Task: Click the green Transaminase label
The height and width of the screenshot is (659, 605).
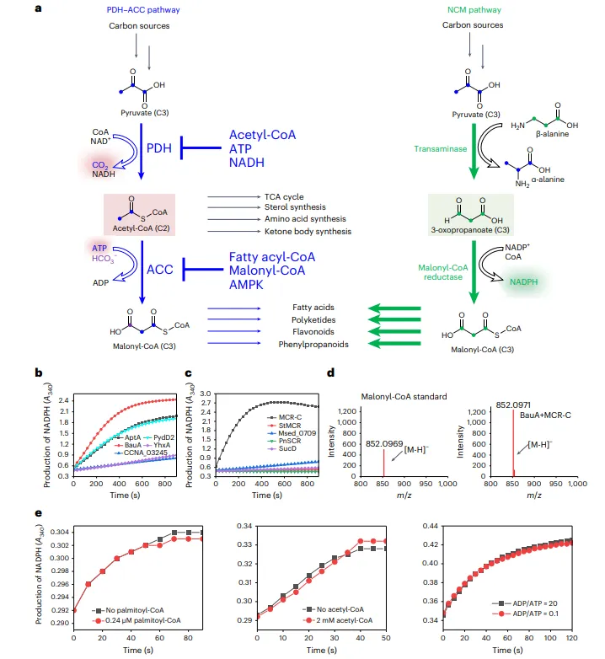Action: [436, 149]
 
